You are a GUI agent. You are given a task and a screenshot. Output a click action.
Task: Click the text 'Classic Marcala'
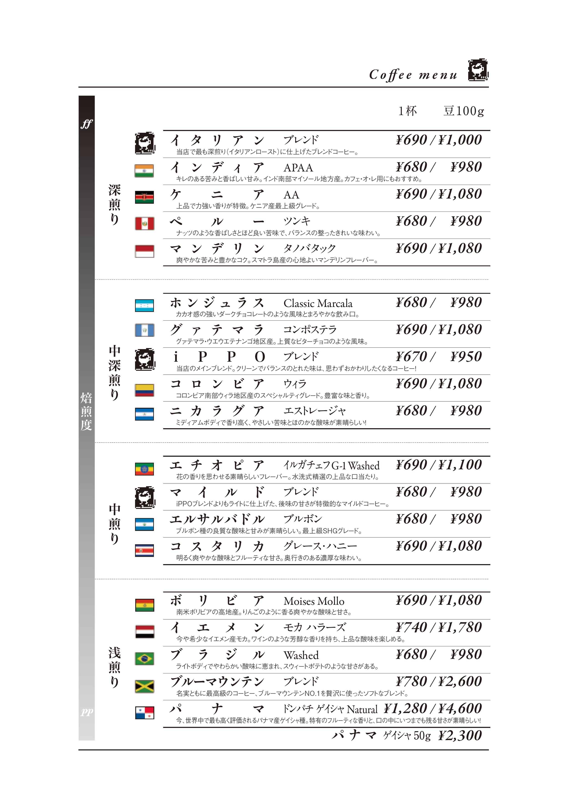point(318,303)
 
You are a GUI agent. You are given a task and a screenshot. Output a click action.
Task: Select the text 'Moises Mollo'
point(314,601)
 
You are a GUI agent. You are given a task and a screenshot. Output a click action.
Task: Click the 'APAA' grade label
point(298,168)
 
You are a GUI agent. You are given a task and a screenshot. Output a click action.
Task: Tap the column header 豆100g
point(464,111)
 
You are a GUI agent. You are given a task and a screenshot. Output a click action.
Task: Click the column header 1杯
point(407,111)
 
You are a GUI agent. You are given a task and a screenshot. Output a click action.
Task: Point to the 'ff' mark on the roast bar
point(86,124)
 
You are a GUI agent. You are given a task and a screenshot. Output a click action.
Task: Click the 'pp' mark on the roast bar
point(86,712)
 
